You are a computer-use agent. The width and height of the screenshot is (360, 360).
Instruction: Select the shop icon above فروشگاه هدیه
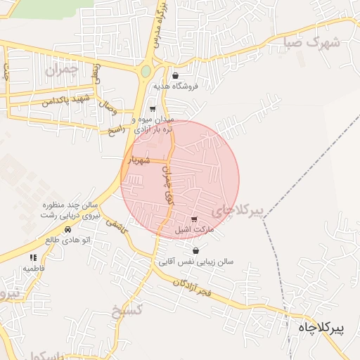[175, 76]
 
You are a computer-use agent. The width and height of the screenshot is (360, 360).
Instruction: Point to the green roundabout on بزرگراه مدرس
[146, 71]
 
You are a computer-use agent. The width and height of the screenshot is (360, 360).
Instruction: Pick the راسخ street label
[115, 131]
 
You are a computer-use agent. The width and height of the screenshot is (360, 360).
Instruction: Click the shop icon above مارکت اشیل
[194, 220]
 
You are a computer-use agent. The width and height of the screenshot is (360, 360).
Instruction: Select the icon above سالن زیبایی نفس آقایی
[195, 251]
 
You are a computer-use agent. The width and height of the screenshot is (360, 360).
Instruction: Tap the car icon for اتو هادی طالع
[67, 229]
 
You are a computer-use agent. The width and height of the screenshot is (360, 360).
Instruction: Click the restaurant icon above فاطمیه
[33, 258]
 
